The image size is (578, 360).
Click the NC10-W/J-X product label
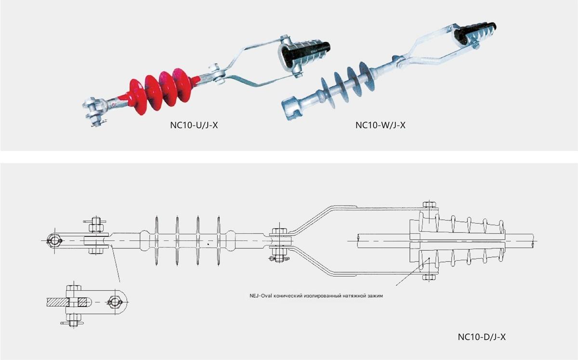(x=381, y=126)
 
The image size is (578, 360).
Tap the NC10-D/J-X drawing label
(x=481, y=337)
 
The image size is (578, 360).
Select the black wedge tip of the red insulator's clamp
(x=322, y=49)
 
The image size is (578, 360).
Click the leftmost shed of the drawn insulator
(x=157, y=241)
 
